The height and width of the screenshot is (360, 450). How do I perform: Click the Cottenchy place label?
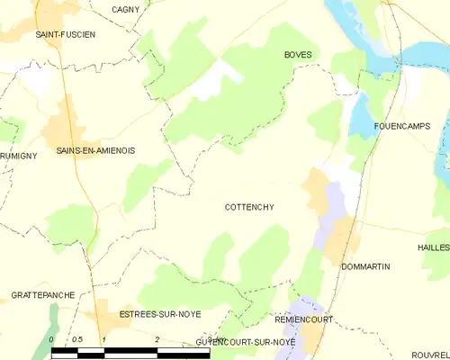tap(249, 207)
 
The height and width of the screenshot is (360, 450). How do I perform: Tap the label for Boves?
tap(298, 55)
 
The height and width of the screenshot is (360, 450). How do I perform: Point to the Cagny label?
tap(124, 9)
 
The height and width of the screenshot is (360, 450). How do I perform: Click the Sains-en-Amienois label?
tap(95, 150)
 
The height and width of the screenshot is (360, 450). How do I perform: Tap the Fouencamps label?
tap(400, 127)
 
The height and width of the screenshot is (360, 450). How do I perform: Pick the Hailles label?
tap(434, 247)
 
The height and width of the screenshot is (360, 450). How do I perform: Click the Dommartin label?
tap(364, 267)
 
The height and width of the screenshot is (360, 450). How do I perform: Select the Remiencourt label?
tap(304, 319)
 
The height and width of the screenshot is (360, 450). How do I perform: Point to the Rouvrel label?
tap(429, 355)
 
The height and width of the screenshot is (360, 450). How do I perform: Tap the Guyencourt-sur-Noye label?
tap(246, 343)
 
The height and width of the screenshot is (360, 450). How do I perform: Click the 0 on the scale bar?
tap(53, 338)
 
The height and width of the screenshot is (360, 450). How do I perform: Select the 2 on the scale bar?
tap(157, 338)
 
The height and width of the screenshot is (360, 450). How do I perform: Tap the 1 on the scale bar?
tap(104, 338)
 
